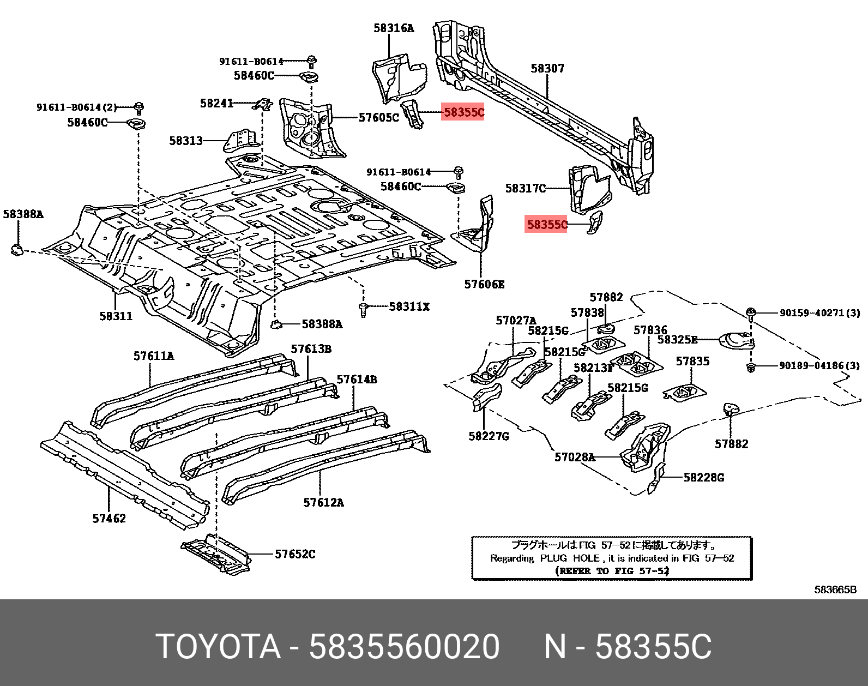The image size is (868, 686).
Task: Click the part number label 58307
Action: (547, 68)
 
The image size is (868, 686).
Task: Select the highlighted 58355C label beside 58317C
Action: (546, 224)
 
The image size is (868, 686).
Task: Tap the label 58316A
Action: (393, 28)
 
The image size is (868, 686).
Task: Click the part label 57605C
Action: (379, 117)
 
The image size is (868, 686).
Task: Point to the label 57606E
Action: (484, 284)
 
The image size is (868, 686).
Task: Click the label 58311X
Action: (409, 307)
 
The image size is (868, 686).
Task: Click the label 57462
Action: (109, 519)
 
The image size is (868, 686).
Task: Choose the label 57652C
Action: (295, 554)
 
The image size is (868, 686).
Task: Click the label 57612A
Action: (323, 502)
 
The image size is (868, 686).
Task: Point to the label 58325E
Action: (677, 340)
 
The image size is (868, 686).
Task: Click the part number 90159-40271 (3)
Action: (819, 313)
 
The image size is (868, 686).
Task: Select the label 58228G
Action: (703, 478)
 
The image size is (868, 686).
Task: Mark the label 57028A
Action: (575, 457)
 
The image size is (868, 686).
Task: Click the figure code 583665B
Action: (835, 589)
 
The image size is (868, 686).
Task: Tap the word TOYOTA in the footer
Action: (218, 647)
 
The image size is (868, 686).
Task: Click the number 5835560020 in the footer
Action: (404, 647)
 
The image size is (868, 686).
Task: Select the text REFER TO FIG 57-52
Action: (611, 571)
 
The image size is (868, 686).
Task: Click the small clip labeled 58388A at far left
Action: (16, 250)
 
